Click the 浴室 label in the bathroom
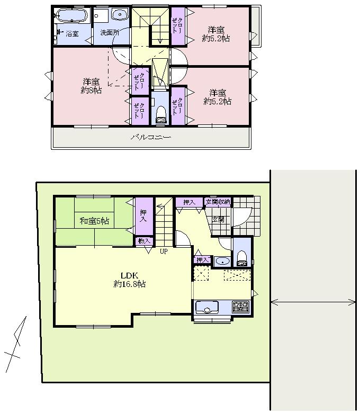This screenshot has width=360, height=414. coord(73,34)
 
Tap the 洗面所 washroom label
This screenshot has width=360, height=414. coord(110,33)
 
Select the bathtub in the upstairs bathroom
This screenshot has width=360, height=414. coord(72,15)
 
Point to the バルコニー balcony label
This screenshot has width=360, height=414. coord(151,138)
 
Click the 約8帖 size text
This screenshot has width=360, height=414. coord(91,91)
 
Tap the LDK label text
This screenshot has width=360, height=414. coord(129,275)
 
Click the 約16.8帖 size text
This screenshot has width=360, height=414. coord(129,284)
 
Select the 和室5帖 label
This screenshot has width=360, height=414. coord(95,221)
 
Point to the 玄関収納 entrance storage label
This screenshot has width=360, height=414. coord(218,202)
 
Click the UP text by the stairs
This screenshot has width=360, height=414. coord(164,251)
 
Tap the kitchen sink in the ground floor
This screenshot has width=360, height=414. coord(207,307)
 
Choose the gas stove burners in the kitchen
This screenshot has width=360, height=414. coord(241,306)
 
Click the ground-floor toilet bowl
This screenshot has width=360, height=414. coord(242,258)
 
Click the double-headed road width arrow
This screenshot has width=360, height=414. coord(313,302)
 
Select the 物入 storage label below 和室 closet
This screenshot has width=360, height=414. coord(144,241)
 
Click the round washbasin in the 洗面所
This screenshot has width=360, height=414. coord(121,15)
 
